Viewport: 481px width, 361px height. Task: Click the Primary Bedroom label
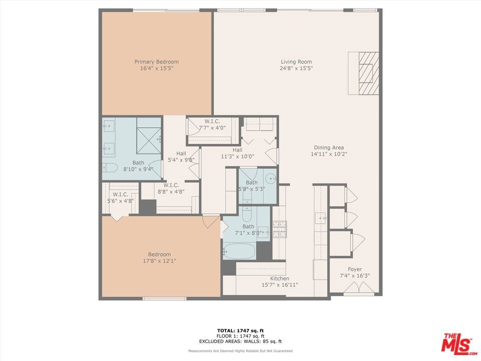[x=156, y=62]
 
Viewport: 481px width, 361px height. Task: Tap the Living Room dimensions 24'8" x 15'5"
[x=296, y=69]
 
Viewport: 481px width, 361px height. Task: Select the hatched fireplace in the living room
[x=369, y=73]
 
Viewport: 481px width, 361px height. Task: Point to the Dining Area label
[x=329, y=147]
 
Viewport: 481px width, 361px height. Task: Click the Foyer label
[x=355, y=269]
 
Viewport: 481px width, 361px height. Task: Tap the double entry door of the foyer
[x=359, y=287]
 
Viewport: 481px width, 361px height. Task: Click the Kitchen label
[x=280, y=278]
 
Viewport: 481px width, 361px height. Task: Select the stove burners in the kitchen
[x=280, y=229]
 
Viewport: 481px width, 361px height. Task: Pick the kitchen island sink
[x=321, y=218]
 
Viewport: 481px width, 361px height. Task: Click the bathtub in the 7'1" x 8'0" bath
[x=239, y=251]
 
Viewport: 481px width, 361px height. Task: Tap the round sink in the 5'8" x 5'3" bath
[x=271, y=178]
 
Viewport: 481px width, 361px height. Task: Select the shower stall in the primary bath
[x=149, y=140]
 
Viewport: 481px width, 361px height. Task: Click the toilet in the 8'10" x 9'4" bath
[x=110, y=167]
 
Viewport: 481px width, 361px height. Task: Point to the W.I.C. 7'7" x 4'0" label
[x=212, y=124]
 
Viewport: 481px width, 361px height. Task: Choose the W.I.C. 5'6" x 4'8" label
[x=120, y=198]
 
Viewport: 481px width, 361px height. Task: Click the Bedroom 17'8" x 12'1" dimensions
[x=159, y=261]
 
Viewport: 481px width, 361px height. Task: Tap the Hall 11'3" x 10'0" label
[x=237, y=153]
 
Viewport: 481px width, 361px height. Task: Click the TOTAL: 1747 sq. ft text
[x=240, y=330]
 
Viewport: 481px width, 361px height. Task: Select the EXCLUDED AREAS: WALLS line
[x=240, y=341]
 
